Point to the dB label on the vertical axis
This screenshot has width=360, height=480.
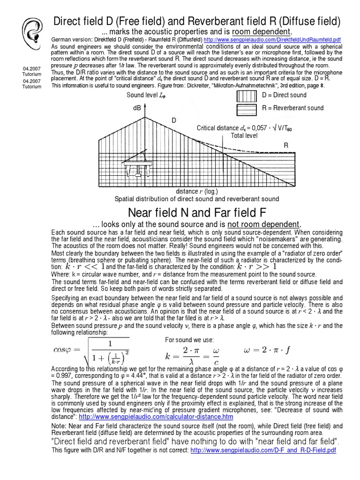tap(137, 108)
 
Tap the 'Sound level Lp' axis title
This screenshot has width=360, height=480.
tap(146, 96)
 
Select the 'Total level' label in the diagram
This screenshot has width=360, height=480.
tap(244, 135)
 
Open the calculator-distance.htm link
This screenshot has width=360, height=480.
tap(156, 416)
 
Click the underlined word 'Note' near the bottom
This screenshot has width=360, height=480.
tap(58, 426)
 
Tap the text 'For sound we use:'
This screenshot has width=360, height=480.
tap(190, 340)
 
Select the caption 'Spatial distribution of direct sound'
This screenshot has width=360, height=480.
tap(196, 199)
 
